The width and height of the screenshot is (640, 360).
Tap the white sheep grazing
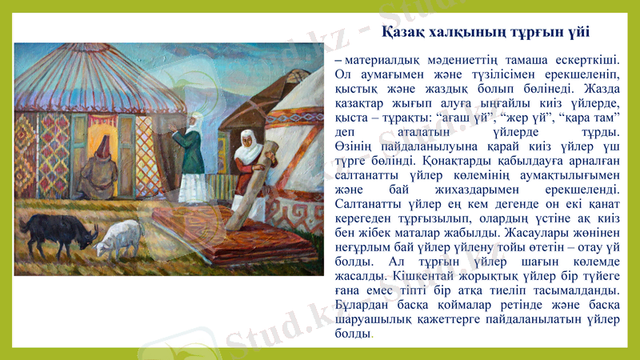click(x=118, y=235)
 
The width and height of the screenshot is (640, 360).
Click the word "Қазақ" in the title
click(x=403, y=33)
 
